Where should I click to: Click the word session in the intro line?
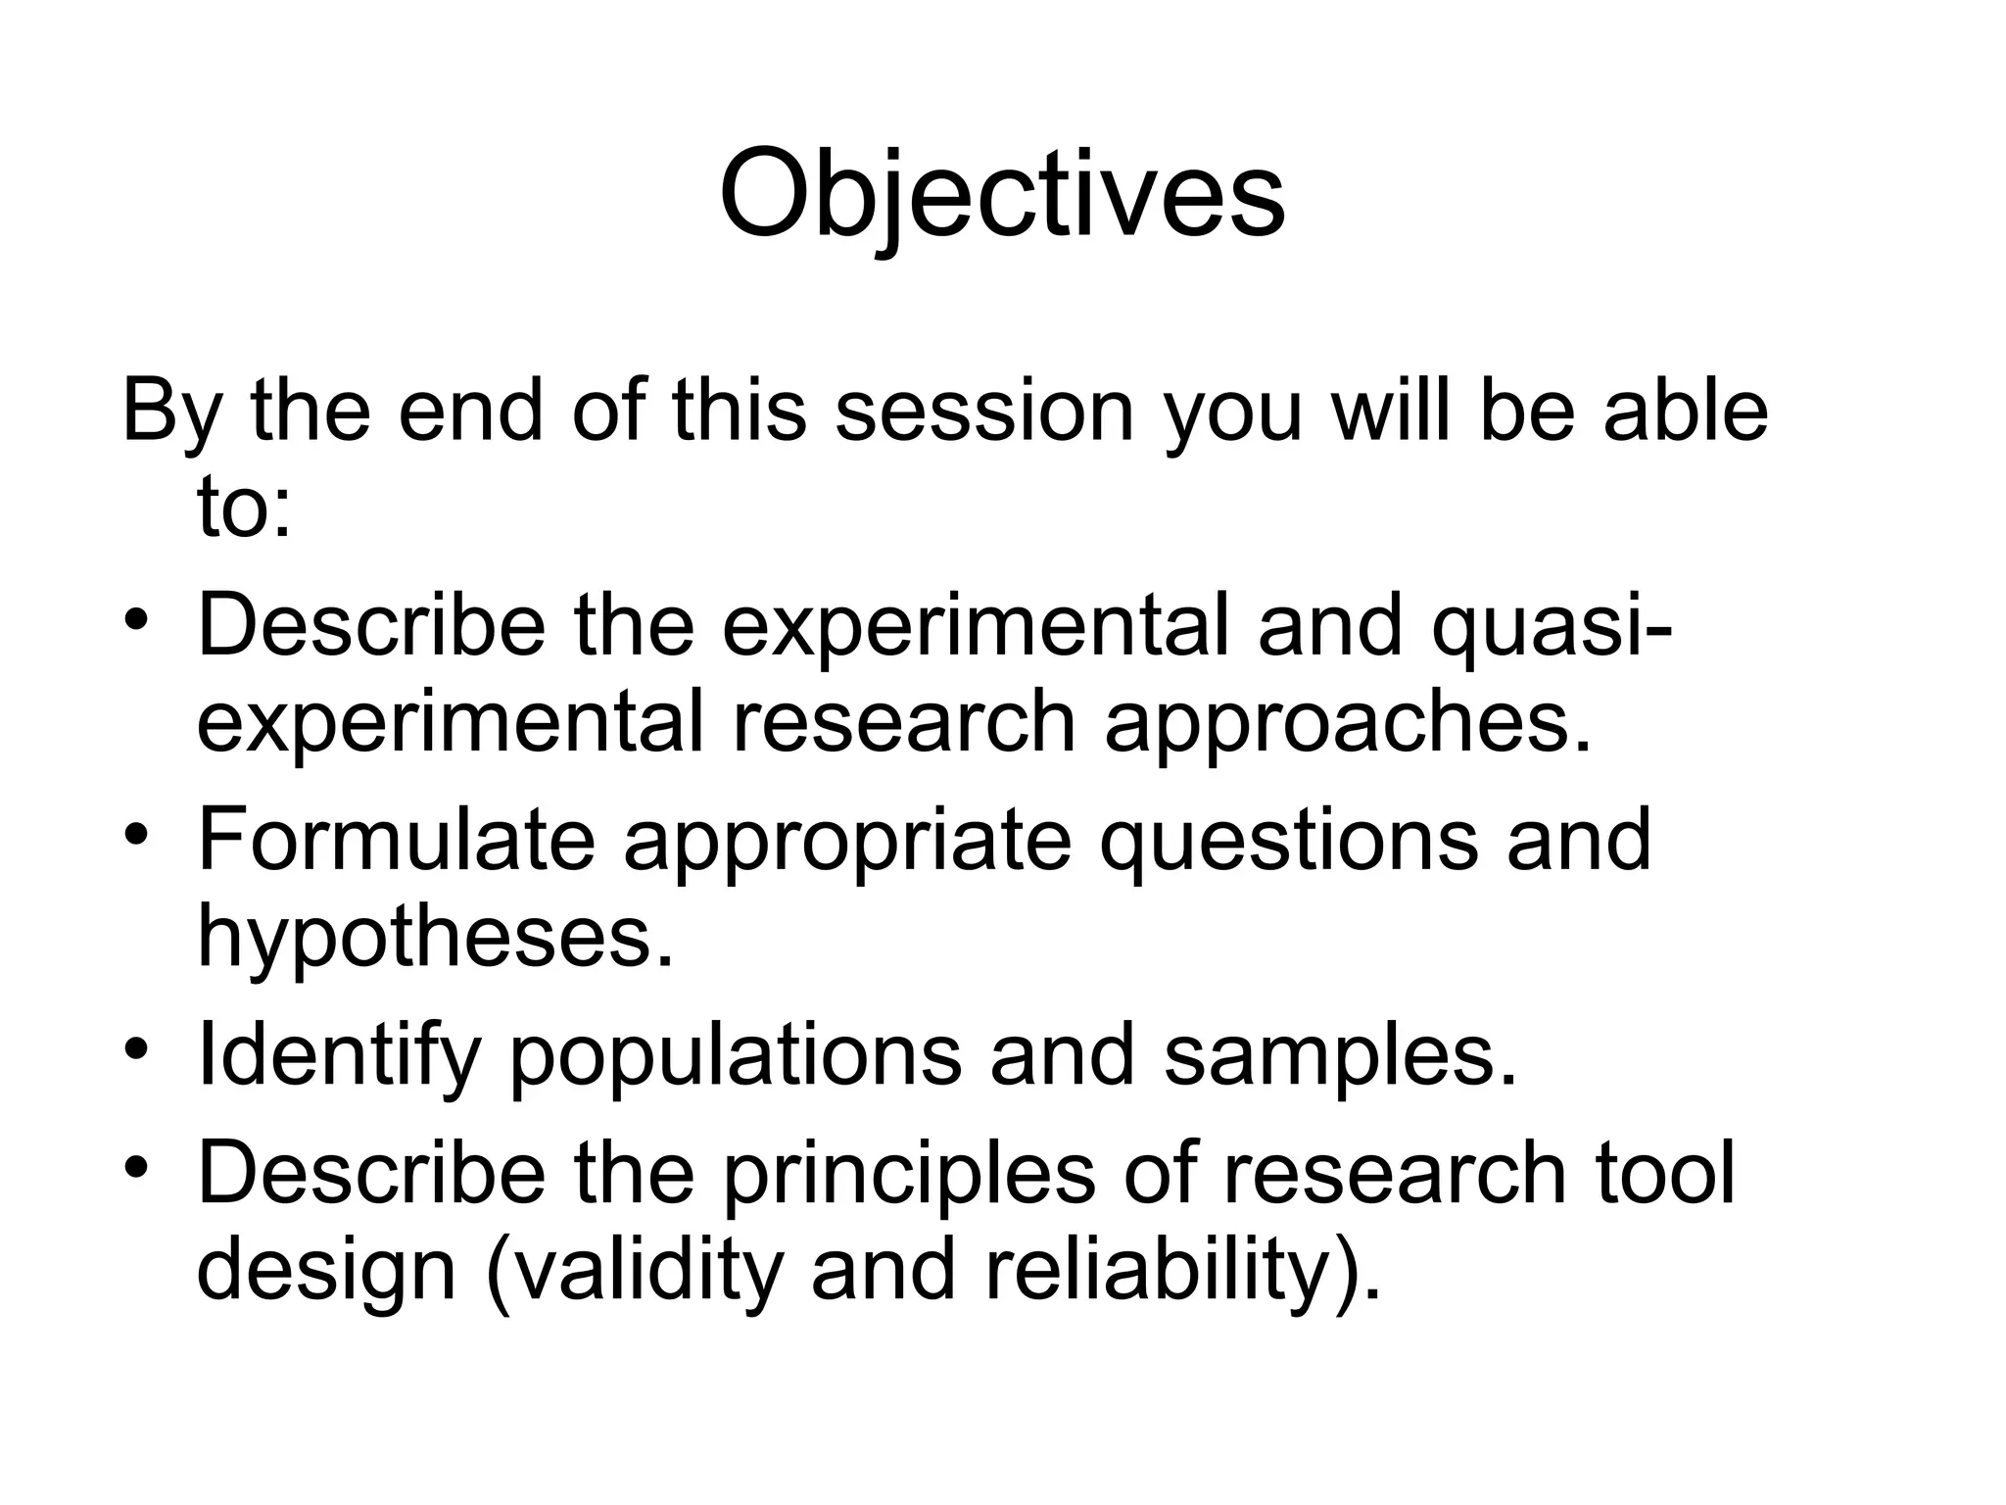(983, 411)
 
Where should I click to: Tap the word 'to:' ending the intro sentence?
(244, 509)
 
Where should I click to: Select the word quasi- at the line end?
(1552, 627)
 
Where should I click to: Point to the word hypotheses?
(436, 936)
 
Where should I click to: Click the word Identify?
(339, 1056)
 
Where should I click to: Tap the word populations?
(736, 1056)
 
